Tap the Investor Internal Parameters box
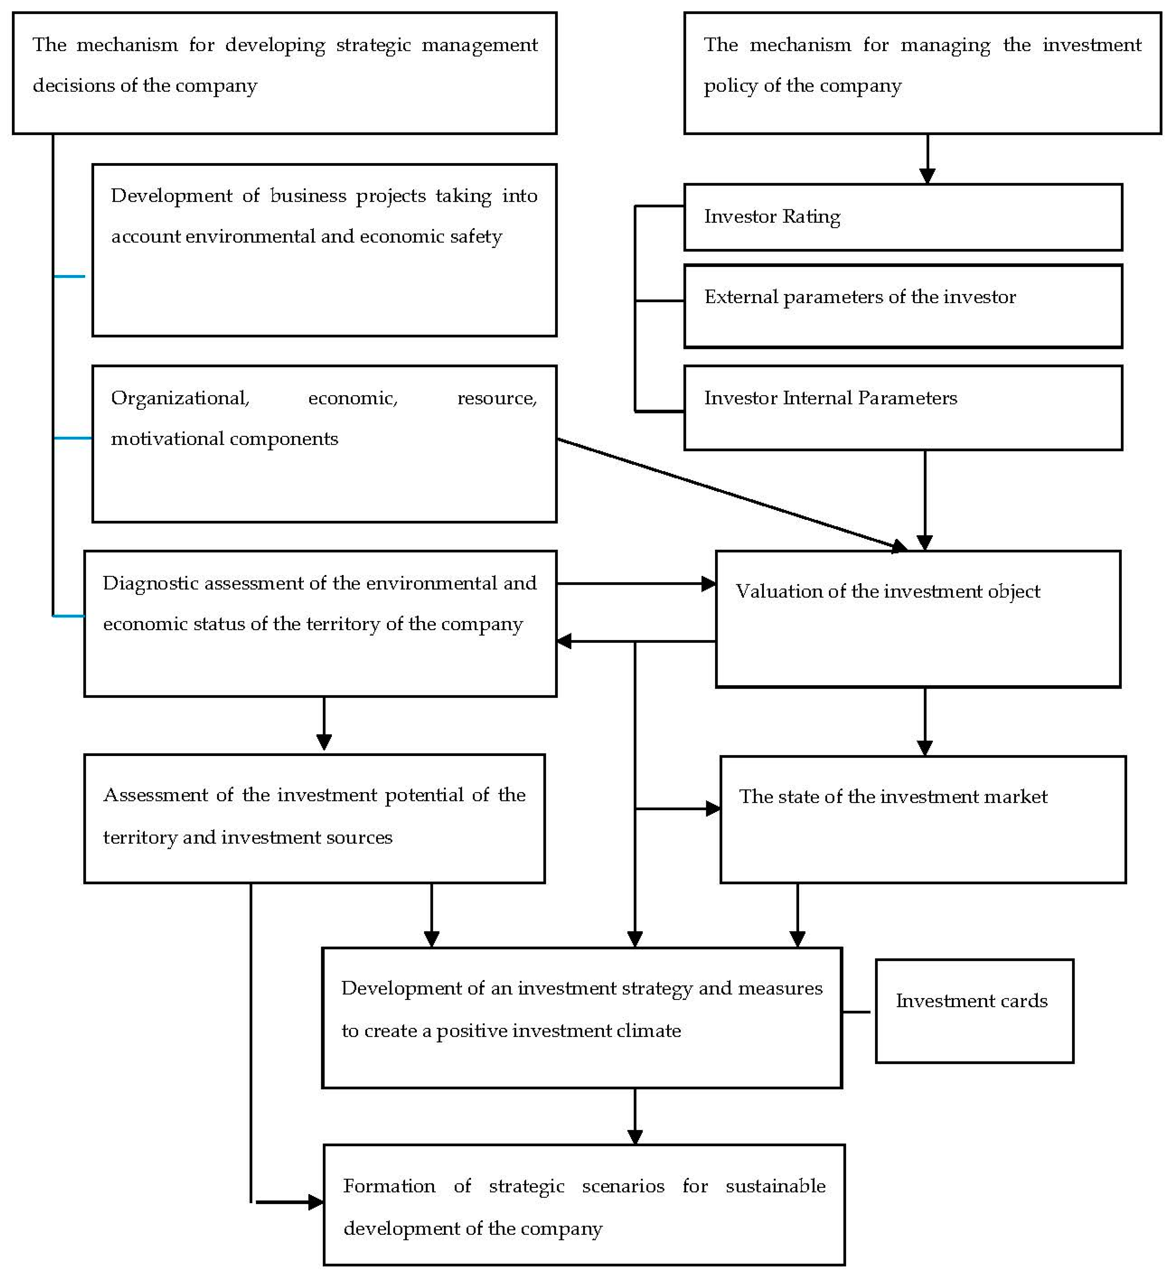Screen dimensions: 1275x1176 pos(902,408)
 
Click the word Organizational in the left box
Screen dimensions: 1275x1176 pos(179,398)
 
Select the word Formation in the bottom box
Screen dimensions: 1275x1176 pos(389,1186)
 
